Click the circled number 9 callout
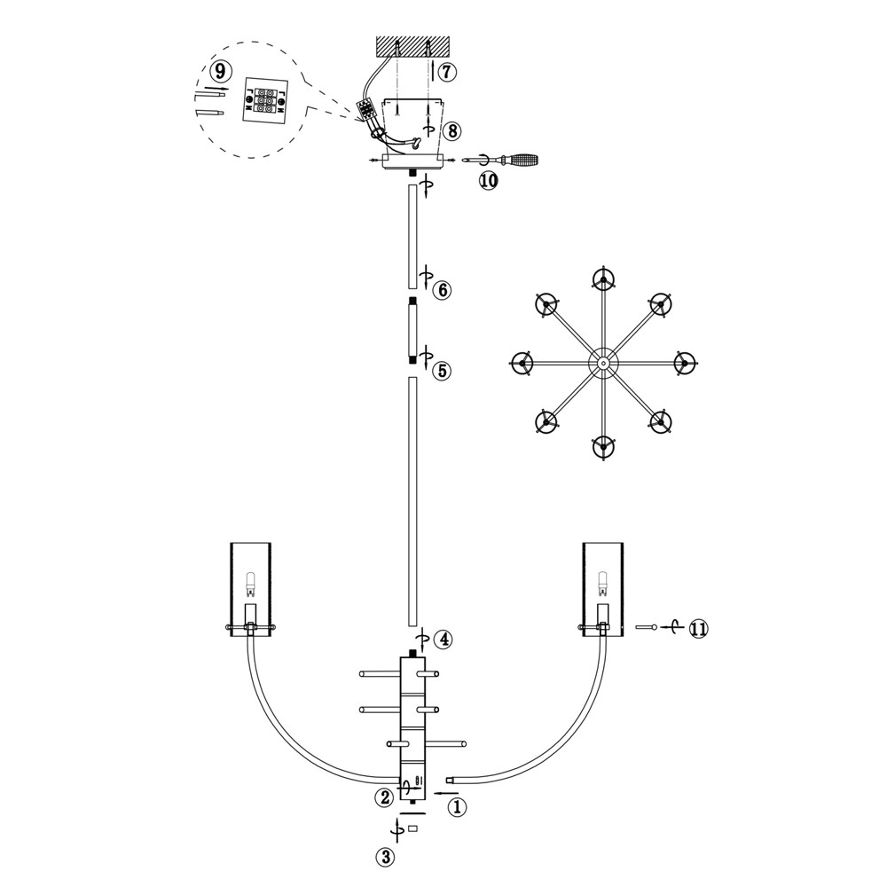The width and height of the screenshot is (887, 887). (219, 72)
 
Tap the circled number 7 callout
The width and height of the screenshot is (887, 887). (447, 72)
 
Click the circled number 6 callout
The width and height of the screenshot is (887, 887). (442, 290)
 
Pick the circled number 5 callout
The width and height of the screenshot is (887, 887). (442, 371)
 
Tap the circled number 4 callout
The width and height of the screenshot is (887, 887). (443, 640)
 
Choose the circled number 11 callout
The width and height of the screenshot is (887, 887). (699, 629)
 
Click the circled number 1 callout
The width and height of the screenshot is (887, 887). (458, 806)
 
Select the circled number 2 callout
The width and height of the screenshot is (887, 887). (384, 797)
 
